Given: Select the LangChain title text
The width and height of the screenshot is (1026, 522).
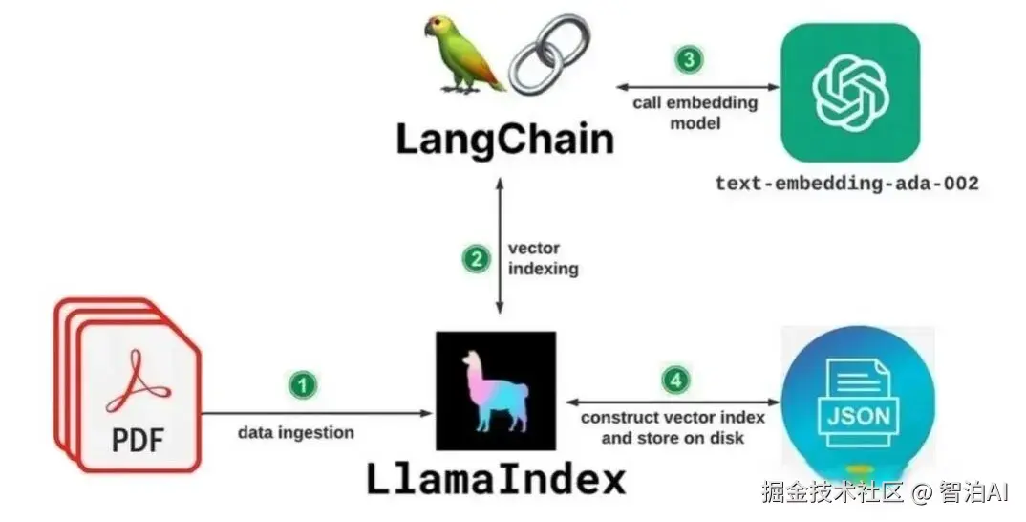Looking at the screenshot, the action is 504,139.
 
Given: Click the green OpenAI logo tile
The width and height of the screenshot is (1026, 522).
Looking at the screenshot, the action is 850,93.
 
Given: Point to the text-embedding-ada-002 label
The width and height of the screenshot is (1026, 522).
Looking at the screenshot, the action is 846,183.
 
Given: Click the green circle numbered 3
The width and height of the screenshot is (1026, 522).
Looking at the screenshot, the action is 689,59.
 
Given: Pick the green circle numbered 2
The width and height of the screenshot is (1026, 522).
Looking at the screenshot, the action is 477,259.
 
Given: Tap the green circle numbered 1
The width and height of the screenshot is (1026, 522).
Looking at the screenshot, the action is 302,385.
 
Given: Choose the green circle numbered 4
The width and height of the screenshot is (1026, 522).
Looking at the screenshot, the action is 675,380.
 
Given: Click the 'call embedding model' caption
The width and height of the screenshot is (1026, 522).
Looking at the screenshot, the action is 695,113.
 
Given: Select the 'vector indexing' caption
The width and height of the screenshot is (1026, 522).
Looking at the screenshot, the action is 544,258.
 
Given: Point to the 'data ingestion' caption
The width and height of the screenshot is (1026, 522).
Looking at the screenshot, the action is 296,432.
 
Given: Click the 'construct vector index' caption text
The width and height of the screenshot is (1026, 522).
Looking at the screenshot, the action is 673,417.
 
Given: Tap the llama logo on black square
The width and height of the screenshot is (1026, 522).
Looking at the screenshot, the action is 496,390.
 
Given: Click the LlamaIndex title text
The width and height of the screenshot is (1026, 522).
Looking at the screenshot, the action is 496,479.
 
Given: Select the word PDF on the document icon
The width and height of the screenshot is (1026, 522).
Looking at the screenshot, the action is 138,439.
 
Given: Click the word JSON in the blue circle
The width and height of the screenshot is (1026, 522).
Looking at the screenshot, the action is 858,416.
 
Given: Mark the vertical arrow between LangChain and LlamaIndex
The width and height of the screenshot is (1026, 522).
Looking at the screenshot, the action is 500,246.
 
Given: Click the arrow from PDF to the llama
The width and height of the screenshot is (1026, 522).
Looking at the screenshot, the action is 317,413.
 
